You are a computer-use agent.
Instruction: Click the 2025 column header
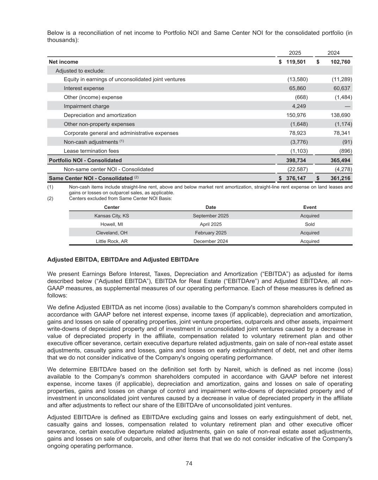coord(295,53)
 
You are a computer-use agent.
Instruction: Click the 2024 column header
coord(333,53)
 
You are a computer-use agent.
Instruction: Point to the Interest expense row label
coord(84,88)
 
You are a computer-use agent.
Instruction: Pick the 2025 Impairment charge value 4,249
coord(299,106)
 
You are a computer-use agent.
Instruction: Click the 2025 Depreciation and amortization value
coord(296,115)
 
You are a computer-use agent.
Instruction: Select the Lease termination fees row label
coord(91,151)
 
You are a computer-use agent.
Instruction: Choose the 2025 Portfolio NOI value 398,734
coord(296,160)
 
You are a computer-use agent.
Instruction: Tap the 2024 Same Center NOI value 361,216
coord(339,178)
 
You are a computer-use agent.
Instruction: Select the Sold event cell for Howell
coord(310,224)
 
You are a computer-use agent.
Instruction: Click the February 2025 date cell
coord(211,233)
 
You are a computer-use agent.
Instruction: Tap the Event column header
coord(310,207)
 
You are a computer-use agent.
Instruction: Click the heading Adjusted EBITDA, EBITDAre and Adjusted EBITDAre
coord(123,260)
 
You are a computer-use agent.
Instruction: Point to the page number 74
coord(189,463)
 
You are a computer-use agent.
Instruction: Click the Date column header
coord(211,207)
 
